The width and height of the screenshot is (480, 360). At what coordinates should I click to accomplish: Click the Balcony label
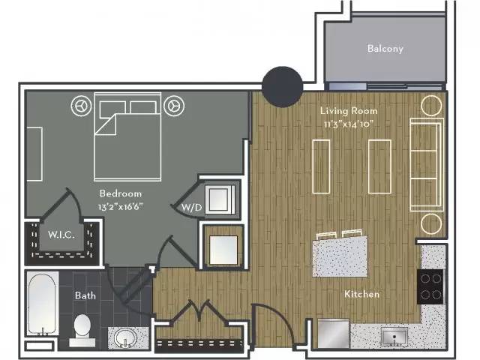click(x=385, y=48)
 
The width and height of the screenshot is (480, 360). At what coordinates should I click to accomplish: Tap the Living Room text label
click(x=349, y=110)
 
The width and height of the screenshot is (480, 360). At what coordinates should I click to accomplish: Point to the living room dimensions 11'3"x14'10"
click(x=349, y=124)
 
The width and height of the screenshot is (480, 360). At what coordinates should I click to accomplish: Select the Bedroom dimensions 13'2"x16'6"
click(x=120, y=207)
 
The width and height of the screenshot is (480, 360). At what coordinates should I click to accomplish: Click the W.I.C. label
click(x=61, y=235)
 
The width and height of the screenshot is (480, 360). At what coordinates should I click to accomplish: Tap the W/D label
click(x=192, y=208)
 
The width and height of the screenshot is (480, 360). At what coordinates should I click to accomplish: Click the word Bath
click(x=85, y=295)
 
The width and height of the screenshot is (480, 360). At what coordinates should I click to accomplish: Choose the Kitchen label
click(x=361, y=294)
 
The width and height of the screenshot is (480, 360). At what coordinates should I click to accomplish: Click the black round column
click(x=282, y=87)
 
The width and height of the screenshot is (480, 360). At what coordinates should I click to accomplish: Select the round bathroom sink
click(x=125, y=338)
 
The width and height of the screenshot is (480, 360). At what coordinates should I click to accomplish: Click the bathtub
click(x=43, y=304)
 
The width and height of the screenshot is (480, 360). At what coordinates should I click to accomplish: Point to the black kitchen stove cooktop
click(x=430, y=286)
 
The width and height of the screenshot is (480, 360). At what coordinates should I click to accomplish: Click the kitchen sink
click(x=394, y=337)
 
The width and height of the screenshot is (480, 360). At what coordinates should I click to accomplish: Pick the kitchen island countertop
click(x=340, y=256)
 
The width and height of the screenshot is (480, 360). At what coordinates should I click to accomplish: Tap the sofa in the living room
click(x=427, y=164)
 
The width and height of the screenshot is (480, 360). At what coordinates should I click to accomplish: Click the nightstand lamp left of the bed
click(x=81, y=106)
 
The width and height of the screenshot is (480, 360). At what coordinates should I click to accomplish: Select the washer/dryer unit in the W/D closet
click(x=220, y=199)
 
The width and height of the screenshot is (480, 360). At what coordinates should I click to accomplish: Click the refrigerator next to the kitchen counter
click(x=333, y=333)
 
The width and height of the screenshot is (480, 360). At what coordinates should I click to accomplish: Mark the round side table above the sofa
click(x=431, y=106)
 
